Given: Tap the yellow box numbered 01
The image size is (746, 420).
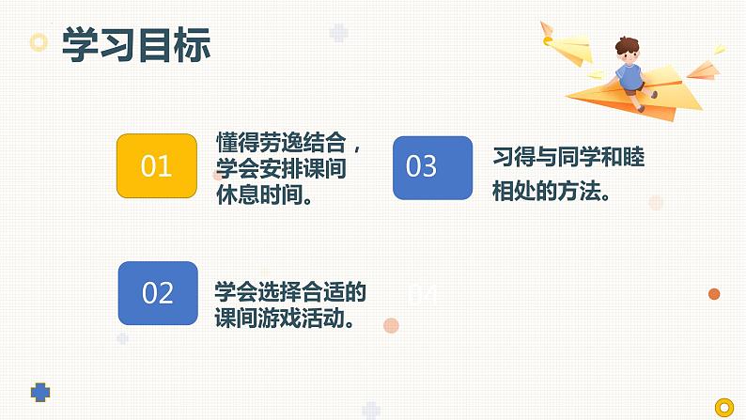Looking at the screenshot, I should click(156, 166).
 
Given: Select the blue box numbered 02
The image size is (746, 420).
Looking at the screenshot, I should click(158, 293).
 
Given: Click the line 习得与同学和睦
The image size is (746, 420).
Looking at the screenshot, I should click(568, 157).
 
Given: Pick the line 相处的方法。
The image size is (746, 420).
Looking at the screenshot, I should click(553, 192).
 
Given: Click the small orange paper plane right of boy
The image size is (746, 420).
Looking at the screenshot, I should click(703, 68).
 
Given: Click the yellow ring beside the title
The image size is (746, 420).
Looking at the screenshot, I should click(39, 42).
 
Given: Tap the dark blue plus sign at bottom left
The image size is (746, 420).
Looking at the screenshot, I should click(39, 391).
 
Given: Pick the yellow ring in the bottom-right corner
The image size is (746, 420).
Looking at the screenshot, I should click(723, 407).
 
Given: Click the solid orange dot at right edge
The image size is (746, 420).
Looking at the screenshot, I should click(714, 294).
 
